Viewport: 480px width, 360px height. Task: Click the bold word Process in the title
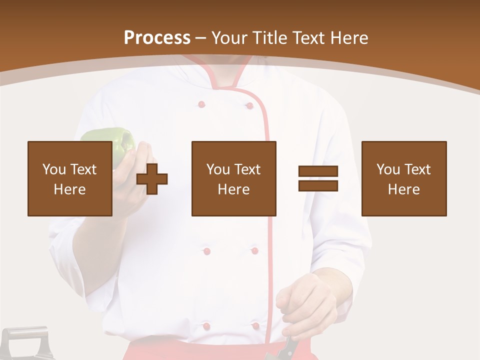pyautogui.click(x=157, y=38)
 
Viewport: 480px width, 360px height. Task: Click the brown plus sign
pyautogui.click(x=152, y=178)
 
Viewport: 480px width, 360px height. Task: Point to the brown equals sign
pyautogui.click(x=318, y=178)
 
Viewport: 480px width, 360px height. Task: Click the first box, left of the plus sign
pyautogui.click(x=70, y=178)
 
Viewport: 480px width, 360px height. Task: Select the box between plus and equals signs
pyautogui.click(x=233, y=178)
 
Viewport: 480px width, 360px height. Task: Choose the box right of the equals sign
pyautogui.click(x=403, y=178)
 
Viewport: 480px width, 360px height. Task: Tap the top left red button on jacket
pyautogui.click(x=201, y=104)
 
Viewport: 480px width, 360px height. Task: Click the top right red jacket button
pyautogui.click(x=248, y=105)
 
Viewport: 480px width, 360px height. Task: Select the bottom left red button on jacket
pyautogui.click(x=206, y=326)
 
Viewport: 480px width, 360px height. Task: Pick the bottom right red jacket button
pyautogui.click(x=255, y=326)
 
